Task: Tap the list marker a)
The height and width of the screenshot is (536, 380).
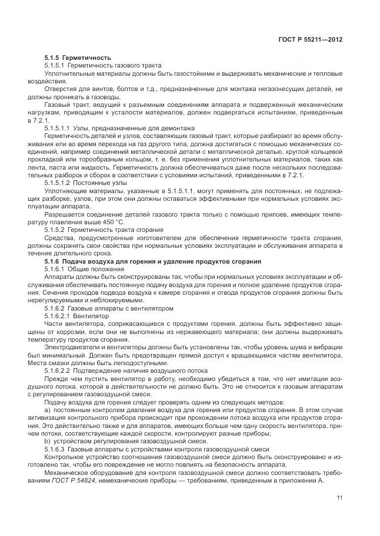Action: click(47, 410)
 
